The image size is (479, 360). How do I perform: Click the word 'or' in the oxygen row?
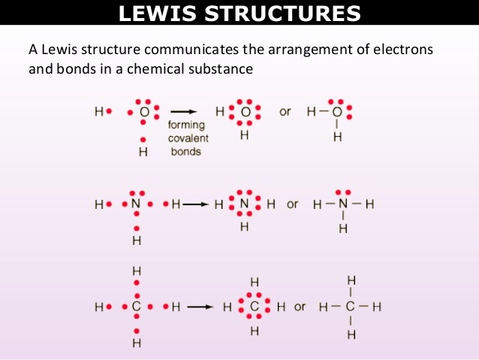[285, 112]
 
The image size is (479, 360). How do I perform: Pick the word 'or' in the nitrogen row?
[293, 204]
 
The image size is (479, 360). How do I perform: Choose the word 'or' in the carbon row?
[300, 307]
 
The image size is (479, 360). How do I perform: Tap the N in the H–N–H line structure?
[342, 204]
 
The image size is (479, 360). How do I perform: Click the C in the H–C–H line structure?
[350, 307]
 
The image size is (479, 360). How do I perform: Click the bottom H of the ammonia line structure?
[342, 228]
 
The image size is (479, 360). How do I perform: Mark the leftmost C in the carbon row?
[136, 307]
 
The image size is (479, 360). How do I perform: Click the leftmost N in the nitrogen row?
[136, 204]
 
